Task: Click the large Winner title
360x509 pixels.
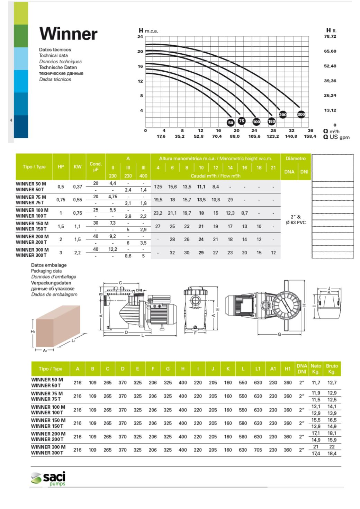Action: (68, 34)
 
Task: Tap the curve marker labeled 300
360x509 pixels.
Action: (301, 115)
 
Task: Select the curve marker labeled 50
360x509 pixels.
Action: (231, 122)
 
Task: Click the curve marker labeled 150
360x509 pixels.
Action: (271, 121)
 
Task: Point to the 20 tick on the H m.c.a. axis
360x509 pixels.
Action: (140, 52)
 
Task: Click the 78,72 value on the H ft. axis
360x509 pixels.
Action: (330, 36)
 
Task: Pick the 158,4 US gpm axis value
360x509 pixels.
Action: (310, 136)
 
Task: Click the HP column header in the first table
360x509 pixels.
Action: (61, 167)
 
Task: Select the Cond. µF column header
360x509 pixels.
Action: (96, 167)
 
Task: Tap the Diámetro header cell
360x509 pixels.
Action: (296, 159)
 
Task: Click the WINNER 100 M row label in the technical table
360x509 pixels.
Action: (32, 210)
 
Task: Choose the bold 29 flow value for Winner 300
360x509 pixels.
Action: (201, 253)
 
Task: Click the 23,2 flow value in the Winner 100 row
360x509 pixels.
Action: (158, 213)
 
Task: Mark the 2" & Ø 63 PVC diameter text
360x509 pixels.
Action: (296, 220)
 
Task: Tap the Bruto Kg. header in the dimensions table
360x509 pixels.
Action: (332, 369)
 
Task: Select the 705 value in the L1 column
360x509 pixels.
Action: (258, 450)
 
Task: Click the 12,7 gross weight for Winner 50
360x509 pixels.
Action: (332, 383)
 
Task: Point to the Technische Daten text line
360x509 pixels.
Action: (58, 67)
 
